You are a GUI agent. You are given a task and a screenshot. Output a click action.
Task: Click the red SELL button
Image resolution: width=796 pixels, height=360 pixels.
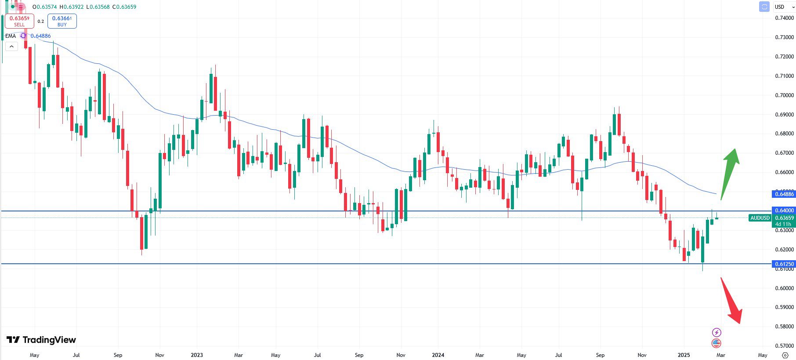pyautogui.click(x=19, y=21)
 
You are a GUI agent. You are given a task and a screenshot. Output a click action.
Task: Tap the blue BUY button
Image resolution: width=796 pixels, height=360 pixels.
pyautogui.click(x=62, y=21)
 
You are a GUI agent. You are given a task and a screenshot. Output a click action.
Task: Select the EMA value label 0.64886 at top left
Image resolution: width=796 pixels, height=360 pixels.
pyautogui.click(x=40, y=36)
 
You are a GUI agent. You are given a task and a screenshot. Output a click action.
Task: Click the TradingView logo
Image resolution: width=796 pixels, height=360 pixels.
pyautogui.click(x=41, y=340)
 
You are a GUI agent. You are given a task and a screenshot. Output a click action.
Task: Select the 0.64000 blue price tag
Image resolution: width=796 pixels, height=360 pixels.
pyautogui.click(x=784, y=211)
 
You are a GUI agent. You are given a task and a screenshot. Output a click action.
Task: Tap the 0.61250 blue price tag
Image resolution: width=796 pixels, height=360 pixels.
pyautogui.click(x=784, y=264)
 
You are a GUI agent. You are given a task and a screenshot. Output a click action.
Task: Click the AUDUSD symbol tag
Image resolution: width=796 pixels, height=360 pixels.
pyautogui.click(x=760, y=218)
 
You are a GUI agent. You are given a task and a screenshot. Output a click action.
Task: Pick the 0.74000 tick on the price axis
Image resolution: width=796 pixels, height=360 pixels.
pyautogui.click(x=784, y=18)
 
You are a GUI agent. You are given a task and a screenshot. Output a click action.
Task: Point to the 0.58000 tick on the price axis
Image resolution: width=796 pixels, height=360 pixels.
pyautogui.click(x=784, y=327)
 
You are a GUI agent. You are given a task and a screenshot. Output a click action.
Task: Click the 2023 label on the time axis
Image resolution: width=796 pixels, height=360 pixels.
pyautogui.click(x=197, y=355)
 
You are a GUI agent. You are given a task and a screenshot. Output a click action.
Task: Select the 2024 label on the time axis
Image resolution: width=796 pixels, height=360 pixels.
pyautogui.click(x=438, y=355)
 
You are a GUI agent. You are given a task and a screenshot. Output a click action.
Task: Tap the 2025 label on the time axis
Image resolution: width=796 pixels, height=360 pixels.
pyautogui.click(x=684, y=355)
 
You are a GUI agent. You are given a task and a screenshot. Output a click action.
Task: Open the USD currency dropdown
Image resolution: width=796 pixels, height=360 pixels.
pyautogui.click(x=784, y=7)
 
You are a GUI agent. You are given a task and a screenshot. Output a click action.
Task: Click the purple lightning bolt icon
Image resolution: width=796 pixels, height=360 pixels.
pyautogui.click(x=716, y=332)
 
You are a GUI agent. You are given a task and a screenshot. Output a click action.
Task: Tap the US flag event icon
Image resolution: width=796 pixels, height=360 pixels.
pyautogui.click(x=716, y=343)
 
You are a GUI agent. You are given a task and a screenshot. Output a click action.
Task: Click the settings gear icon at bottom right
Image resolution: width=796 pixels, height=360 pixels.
pyautogui.click(x=785, y=355)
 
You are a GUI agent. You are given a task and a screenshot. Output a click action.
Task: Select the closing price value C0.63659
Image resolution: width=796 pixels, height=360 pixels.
pyautogui.click(x=124, y=7)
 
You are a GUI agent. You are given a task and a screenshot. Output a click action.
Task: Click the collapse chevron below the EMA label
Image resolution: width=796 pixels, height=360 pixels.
pyautogui.click(x=11, y=46)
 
